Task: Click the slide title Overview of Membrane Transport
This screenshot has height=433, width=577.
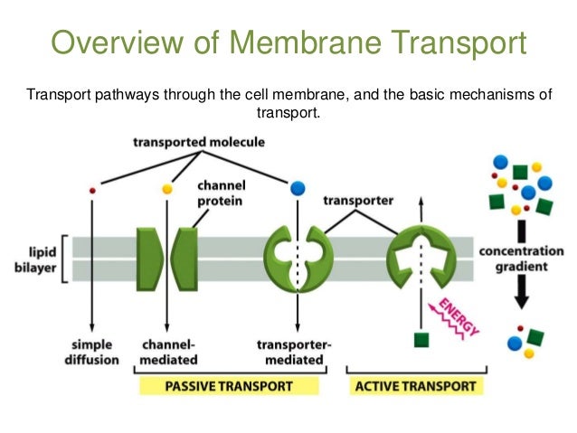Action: pos(288,42)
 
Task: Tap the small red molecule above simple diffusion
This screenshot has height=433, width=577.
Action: pos(91,190)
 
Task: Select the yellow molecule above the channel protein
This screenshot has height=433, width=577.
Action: pos(166,189)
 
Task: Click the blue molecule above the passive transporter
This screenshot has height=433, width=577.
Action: pos(298,188)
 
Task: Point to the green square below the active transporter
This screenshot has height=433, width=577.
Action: pos(420,340)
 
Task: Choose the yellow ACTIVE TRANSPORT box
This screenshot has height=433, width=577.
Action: pos(416,386)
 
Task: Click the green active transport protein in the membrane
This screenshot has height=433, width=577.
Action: pos(419,259)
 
